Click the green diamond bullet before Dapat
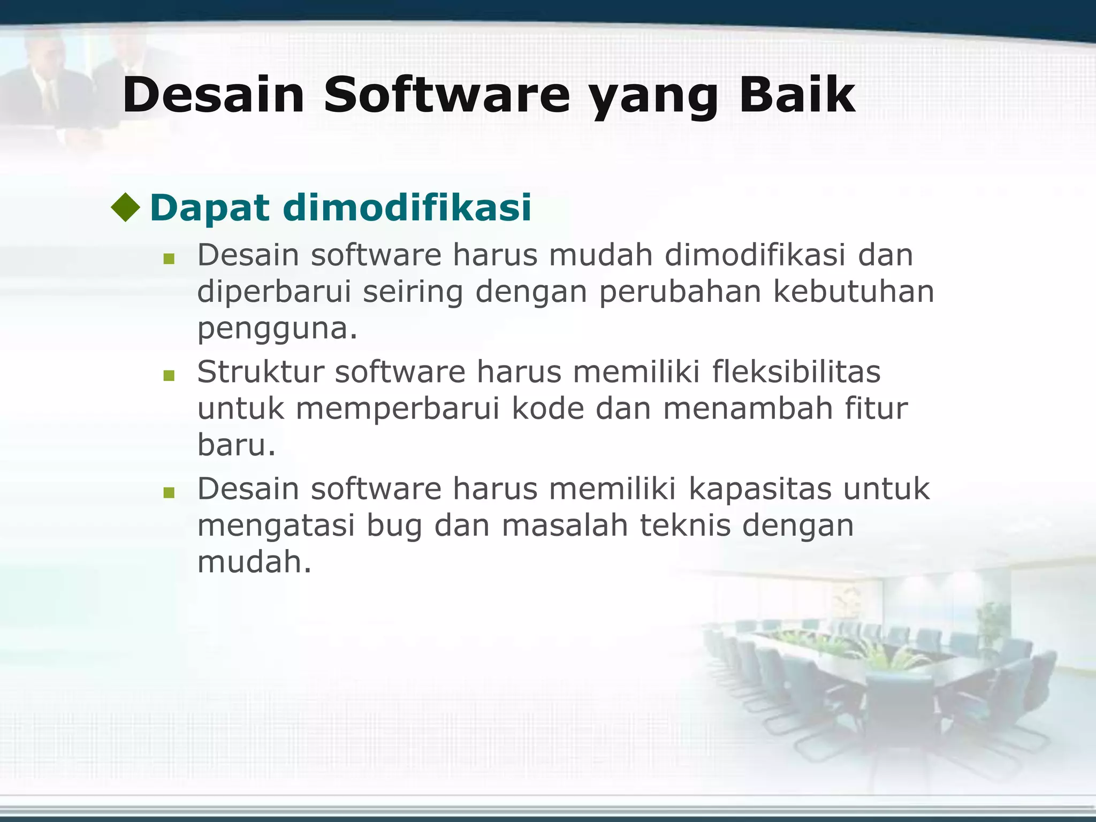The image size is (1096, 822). (126, 208)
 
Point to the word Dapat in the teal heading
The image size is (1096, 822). (209, 209)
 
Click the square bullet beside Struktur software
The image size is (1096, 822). (169, 376)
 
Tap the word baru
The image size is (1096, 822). (235, 445)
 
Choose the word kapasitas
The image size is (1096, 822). (760, 489)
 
